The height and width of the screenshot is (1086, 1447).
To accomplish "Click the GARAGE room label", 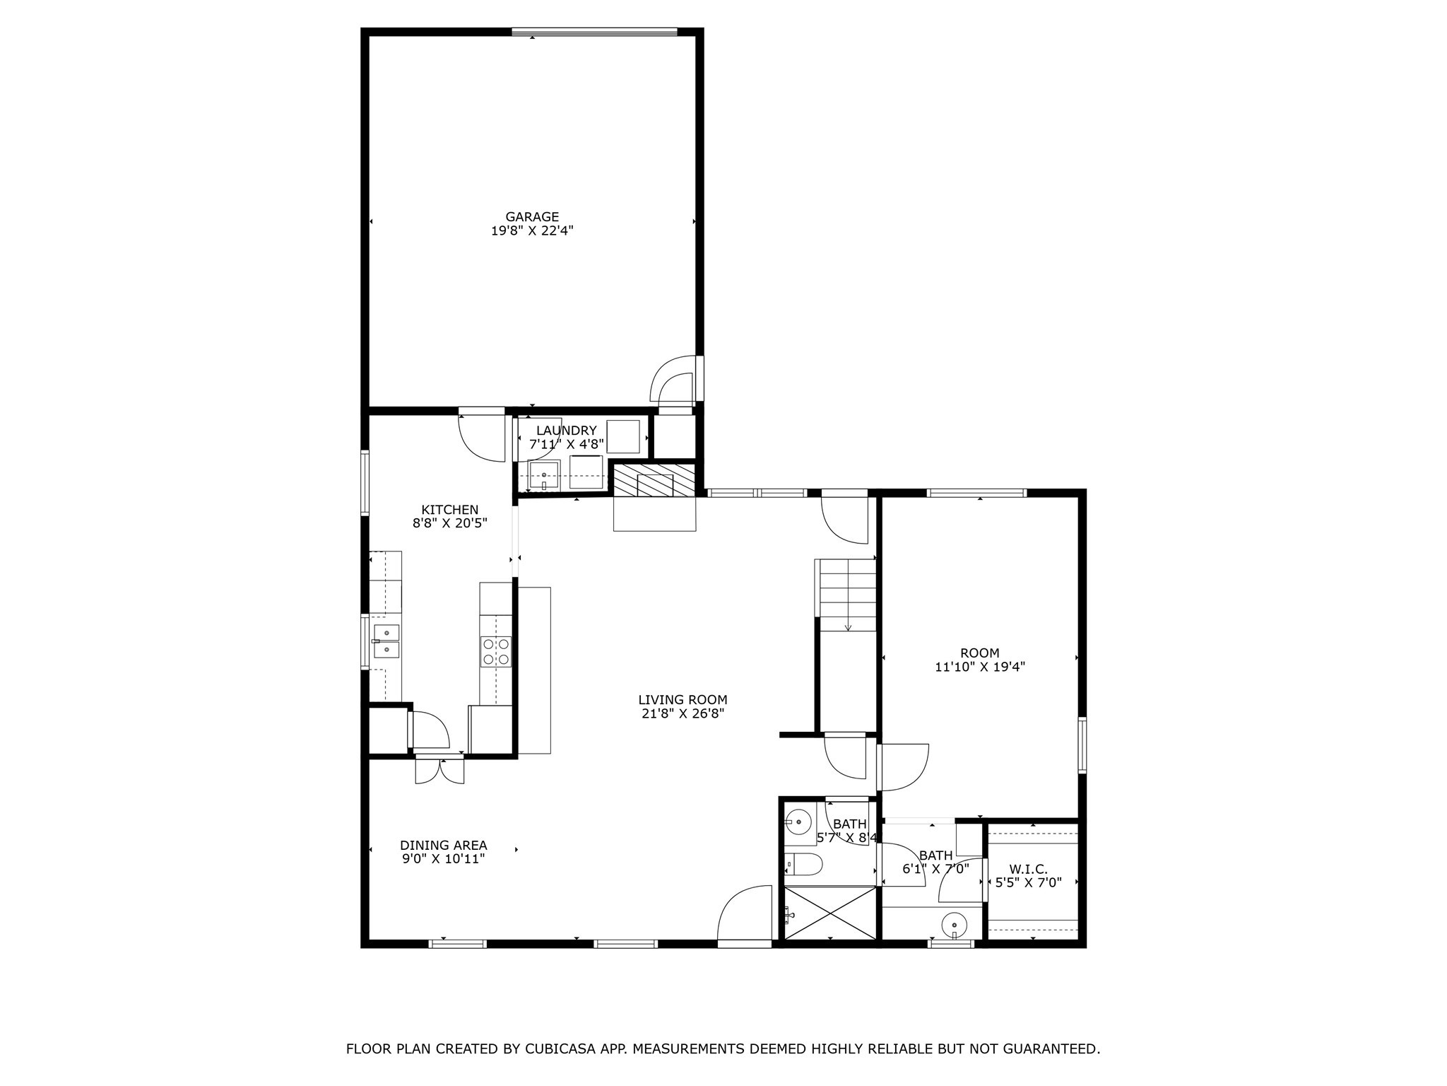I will coord(531,217).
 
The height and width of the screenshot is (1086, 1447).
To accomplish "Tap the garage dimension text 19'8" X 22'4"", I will coord(531,230).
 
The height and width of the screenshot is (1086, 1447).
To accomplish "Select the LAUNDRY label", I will coord(566,431).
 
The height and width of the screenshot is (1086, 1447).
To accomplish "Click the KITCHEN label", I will coord(450,510).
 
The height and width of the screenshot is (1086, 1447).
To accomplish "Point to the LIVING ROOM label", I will coord(683,701).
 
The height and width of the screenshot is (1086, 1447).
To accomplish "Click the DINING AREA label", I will coord(443,846).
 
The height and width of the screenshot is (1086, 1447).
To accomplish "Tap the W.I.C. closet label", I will coord(1028,869).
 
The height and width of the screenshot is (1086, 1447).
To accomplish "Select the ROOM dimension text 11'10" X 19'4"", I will coord(979,667).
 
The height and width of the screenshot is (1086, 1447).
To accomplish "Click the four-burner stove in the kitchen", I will coord(495,651).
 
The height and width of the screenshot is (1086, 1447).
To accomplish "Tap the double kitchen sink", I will coord(386,641).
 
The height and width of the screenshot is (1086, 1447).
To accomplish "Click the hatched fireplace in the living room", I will coord(654,480).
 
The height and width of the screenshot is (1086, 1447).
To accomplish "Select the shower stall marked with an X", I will coord(830,913).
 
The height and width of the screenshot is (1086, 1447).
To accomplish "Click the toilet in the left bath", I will coord(805,864).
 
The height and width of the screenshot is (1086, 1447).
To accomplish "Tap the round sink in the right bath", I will coord(954,924).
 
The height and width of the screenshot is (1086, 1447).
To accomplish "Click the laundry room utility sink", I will coord(544,475).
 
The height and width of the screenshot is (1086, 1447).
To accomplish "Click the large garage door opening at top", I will coord(594,32).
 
